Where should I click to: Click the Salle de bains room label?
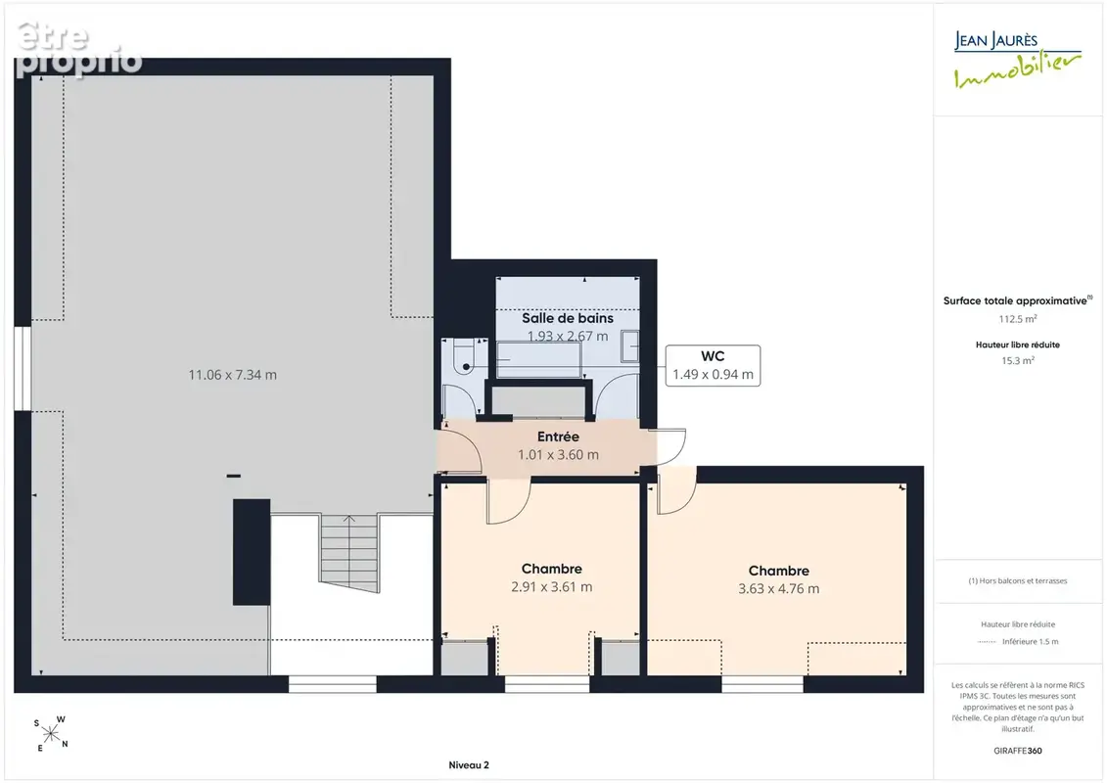click(x=568, y=318)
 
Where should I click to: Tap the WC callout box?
click(x=713, y=366)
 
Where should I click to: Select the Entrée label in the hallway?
click(x=558, y=438)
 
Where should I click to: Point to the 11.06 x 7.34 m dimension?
click(x=232, y=375)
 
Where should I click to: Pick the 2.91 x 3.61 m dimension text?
click(x=551, y=586)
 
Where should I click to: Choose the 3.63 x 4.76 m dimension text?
click(x=779, y=589)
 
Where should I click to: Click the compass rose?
click(x=51, y=734)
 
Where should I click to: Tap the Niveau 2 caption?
click(x=469, y=765)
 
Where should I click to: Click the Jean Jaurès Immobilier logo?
click(x=1017, y=60)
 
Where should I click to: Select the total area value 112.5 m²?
click(x=1017, y=319)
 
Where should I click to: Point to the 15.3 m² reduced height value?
click(x=1017, y=361)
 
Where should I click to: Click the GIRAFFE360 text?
click(x=1017, y=751)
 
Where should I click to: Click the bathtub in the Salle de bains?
click(x=538, y=359)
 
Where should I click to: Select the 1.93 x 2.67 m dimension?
click(x=568, y=336)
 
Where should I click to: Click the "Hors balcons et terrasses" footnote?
click(x=1017, y=581)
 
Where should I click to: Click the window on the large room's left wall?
click(x=23, y=368)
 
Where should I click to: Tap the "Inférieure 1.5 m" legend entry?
click(x=1030, y=642)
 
